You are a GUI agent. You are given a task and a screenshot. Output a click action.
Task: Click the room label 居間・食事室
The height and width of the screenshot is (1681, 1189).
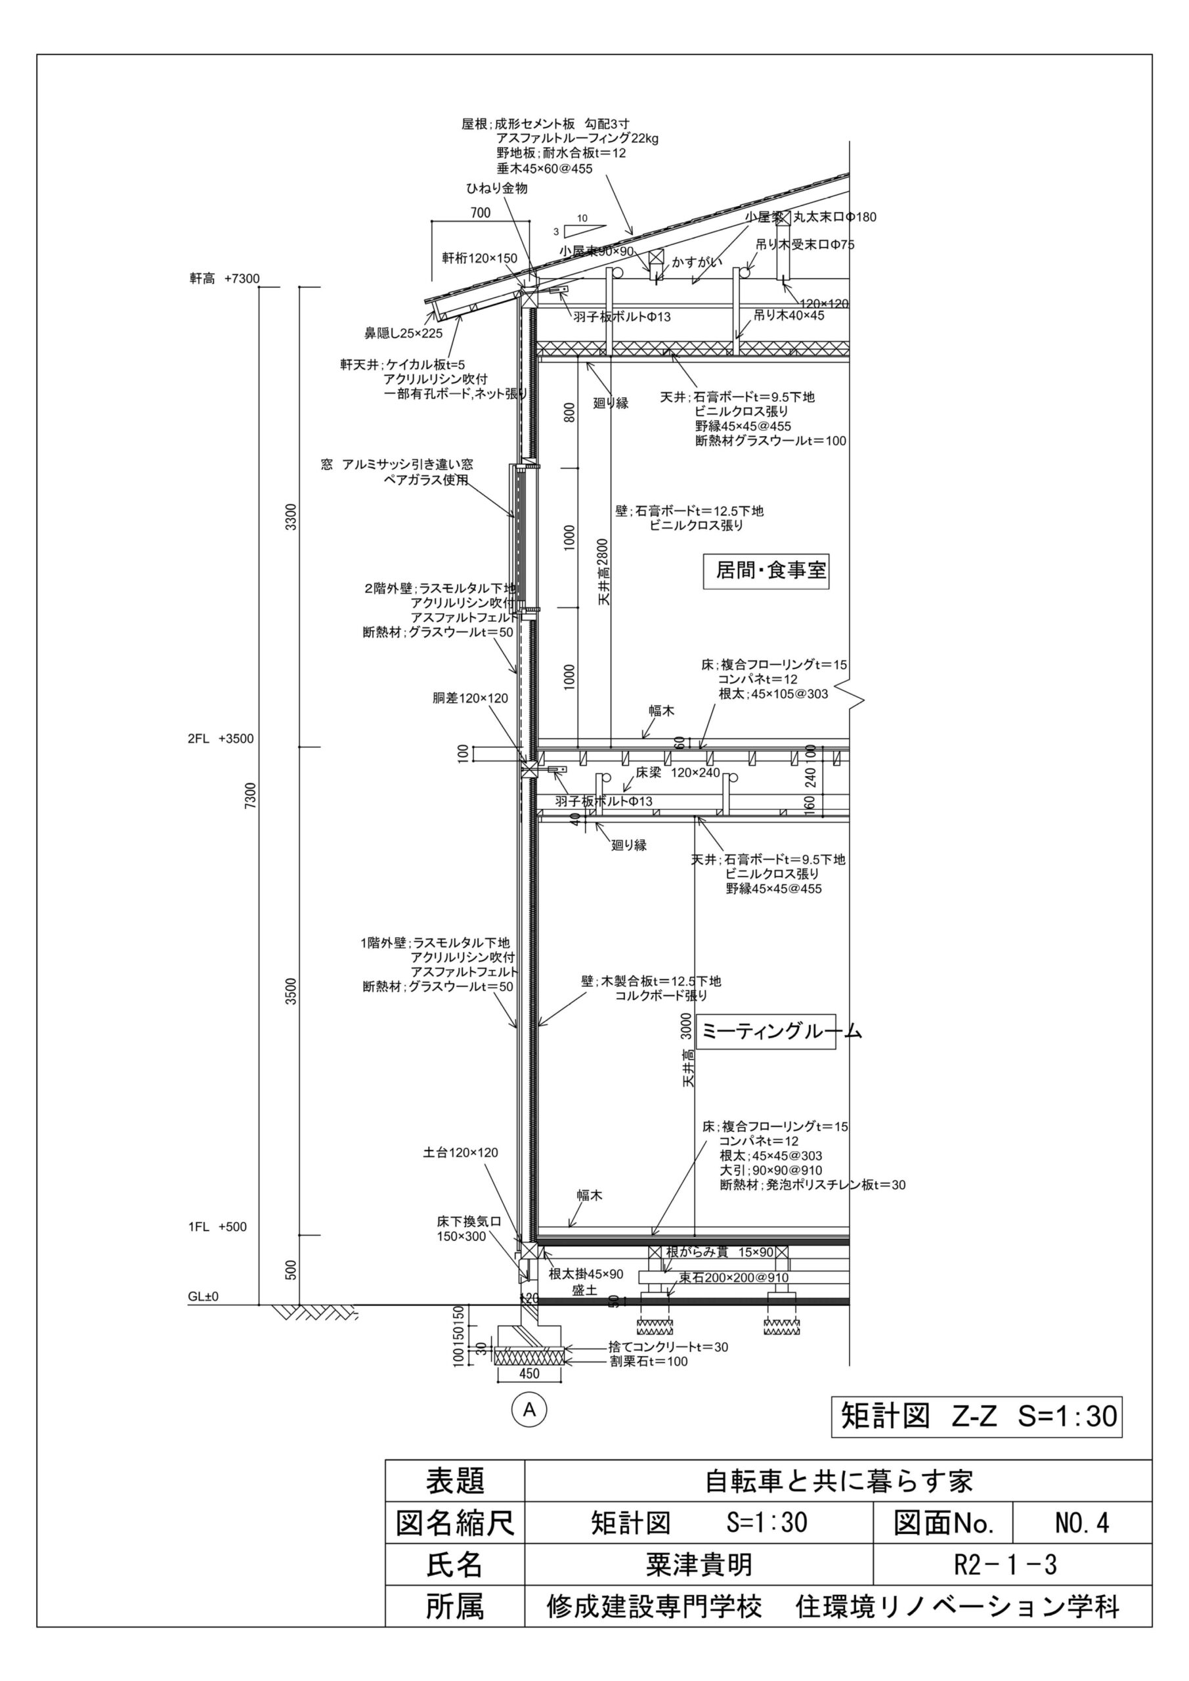[766, 571]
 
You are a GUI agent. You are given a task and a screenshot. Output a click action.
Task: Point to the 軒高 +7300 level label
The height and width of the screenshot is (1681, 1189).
[225, 279]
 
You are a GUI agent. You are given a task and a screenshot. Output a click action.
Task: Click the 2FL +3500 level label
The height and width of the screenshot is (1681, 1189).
[221, 739]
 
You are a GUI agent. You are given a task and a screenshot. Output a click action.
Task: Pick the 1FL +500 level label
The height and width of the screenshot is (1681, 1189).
[217, 1227]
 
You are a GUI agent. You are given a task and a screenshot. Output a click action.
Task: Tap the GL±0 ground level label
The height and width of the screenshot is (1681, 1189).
[204, 1297]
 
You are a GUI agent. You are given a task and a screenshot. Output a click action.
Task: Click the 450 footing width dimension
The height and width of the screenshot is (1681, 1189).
[529, 1374]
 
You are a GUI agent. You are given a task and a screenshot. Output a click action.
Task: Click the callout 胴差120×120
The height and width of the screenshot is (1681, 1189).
[470, 699]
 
